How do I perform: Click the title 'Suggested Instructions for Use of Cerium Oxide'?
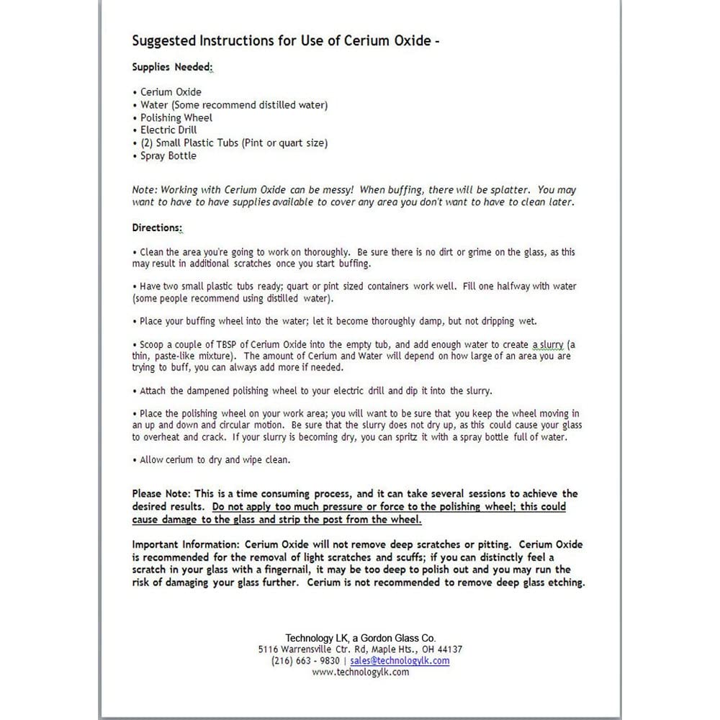tap(286, 40)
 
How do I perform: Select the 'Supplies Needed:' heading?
tap(172, 67)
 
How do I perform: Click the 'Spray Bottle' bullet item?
tap(168, 156)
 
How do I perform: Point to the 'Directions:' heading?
tap(157, 228)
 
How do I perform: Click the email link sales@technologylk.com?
tap(400, 661)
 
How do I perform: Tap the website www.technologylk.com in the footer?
tap(361, 672)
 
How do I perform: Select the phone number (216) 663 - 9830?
tap(305, 661)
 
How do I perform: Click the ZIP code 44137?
tap(449, 649)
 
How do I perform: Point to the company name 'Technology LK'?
tap(317, 638)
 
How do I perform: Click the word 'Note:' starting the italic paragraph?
tap(144, 190)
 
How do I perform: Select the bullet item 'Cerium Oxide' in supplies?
tap(171, 92)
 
